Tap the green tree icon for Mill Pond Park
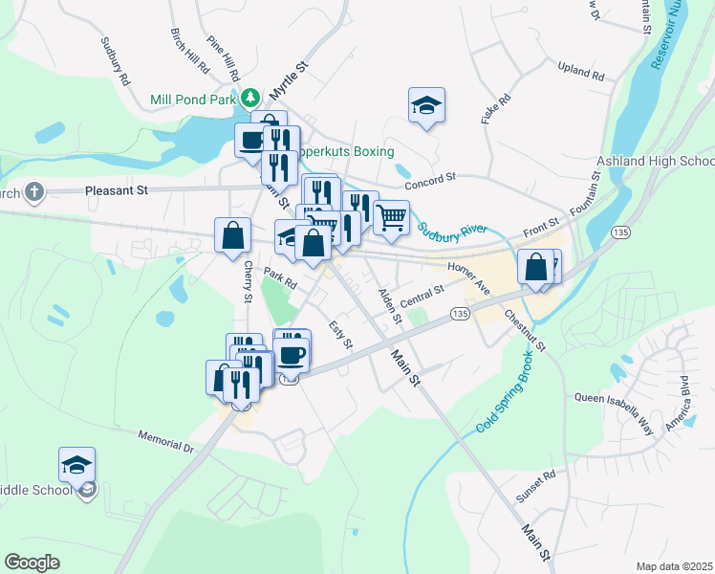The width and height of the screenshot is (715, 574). pyautogui.click(x=250, y=98)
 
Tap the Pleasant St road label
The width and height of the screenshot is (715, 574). pyautogui.click(x=116, y=191)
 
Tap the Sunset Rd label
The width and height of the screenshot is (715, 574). pyautogui.click(x=535, y=490)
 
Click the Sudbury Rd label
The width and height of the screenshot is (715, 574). pyautogui.click(x=114, y=62)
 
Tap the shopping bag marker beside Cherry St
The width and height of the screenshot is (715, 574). pyautogui.click(x=232, y=235)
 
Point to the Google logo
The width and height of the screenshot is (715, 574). pyautogui.click(x=32, y=563)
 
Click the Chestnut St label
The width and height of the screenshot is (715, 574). pyautogui.click(x=525, y=330)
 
